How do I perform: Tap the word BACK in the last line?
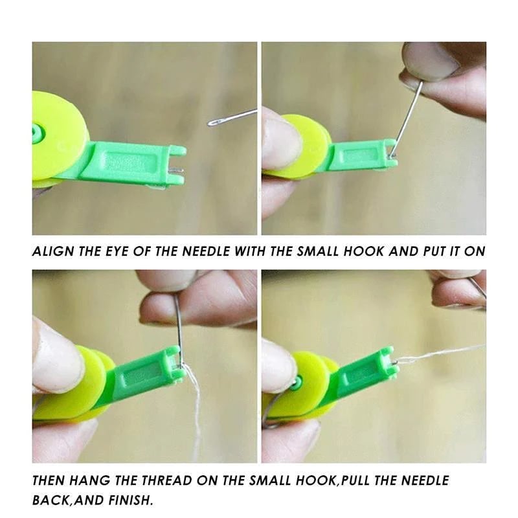coord(49,501)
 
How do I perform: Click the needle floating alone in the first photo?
coord(232,117)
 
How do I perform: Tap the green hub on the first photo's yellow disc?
coord(37,133)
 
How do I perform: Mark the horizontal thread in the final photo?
coord(440,353)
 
